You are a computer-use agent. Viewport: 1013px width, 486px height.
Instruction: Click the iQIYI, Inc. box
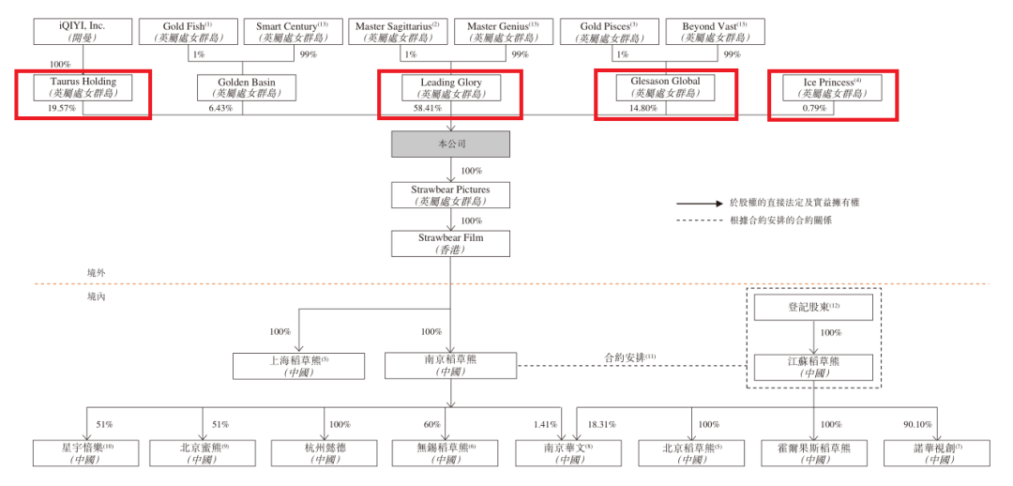[83, 31]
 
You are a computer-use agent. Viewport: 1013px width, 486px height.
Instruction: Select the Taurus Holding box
[83, 87]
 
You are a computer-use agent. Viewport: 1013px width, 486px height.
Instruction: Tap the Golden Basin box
[248, 87]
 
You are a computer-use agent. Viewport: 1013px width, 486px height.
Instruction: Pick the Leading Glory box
[451, 87]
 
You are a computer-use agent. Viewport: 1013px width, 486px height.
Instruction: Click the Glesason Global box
[665, 86]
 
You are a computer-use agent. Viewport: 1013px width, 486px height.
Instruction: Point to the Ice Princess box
[832, 87]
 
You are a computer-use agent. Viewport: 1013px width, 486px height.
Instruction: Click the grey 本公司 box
[451, 144]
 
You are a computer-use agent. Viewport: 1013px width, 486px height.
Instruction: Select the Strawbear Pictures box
[451, 194]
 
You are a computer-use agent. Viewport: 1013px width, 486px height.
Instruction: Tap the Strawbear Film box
[451, 244]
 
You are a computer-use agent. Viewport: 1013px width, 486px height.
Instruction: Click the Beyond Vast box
[715, 31]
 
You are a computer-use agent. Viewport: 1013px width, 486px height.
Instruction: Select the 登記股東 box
[813, 307]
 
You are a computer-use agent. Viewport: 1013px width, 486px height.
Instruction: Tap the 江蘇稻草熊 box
[813, 366]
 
